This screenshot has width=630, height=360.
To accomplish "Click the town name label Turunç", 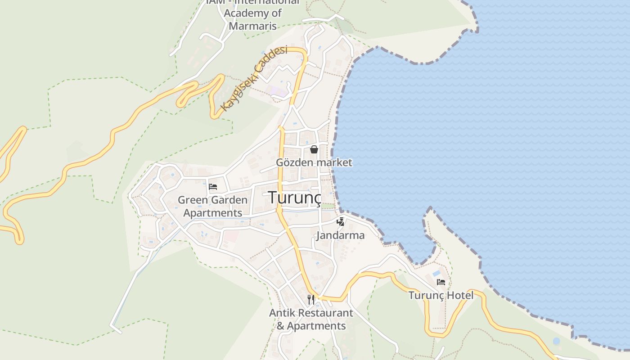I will tap(295, 197).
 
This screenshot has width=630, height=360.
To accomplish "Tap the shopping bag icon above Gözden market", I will tap(314, 149).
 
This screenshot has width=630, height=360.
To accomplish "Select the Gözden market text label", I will tap(314, 162).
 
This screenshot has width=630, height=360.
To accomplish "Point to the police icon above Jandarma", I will tap(341, 222).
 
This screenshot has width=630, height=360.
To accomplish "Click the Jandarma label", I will tap(340, 235).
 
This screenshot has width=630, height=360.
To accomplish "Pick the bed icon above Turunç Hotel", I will tap(441, 282).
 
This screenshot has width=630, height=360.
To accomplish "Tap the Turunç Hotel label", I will tap(441, 296).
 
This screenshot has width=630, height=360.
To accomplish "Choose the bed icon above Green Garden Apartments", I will tap(213, 186).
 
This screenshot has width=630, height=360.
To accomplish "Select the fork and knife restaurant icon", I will tap(311, 299).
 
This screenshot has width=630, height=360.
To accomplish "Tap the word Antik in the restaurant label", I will tap(282, 313).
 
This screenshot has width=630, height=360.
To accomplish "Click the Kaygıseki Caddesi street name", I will tap(254, 78).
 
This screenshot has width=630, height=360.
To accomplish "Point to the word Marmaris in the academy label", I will tap(252, 25).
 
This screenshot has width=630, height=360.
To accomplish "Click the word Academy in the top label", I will tap(252, 13).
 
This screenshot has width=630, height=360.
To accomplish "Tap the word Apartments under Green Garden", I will tap(213, 212).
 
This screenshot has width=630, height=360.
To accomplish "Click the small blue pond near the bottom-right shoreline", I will tap(556, 341).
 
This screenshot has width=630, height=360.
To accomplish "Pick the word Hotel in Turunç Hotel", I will tap(461, 296).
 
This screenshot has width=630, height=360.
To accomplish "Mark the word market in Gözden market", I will tap(334, 162).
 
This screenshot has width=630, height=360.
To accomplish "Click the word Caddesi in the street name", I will tap(270, 58).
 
